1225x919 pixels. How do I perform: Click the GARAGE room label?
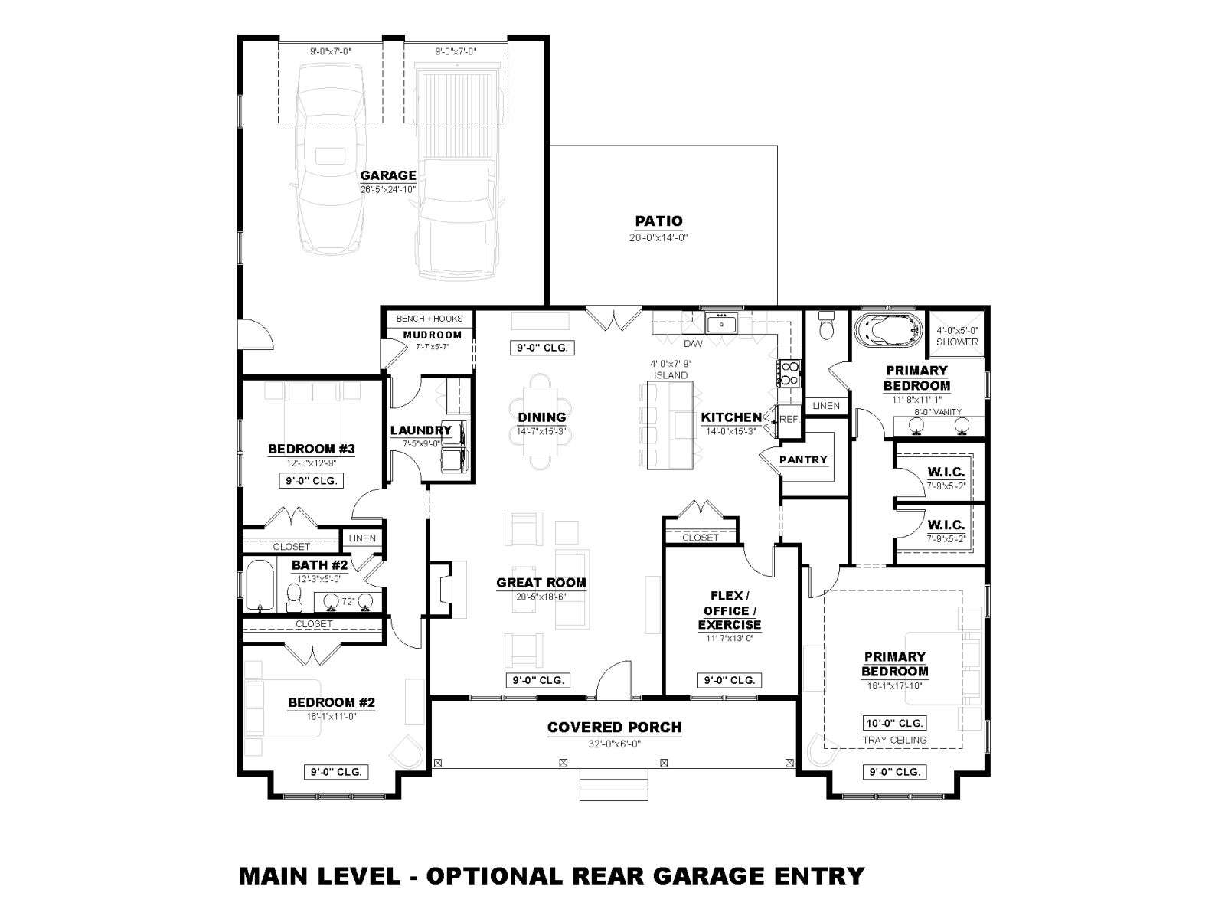pos(388,175)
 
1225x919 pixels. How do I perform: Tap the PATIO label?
pos(658,221)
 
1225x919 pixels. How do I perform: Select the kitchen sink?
pos(721,324)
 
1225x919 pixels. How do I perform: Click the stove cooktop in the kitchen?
pos(789,373)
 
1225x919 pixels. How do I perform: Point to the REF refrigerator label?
pos(789,419)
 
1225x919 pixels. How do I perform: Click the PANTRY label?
pos(803,459)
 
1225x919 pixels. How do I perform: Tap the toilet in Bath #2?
pos(293,597)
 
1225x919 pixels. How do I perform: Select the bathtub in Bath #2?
pos(260,585)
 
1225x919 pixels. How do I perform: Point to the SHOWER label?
pos(956,342)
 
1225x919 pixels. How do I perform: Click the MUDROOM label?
pos(433,335)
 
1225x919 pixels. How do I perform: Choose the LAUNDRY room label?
pos(421,430)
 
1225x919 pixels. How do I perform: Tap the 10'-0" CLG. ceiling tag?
pos(894,723)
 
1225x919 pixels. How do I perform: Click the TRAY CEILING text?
pos(894,740)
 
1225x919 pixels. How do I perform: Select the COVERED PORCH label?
pos(615,728)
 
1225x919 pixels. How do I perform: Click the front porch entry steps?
pos(614,784)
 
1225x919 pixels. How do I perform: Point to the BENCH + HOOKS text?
pos(430,319)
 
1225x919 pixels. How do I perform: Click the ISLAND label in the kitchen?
pos(670,375)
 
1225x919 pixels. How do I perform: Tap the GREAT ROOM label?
pos(541,583)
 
